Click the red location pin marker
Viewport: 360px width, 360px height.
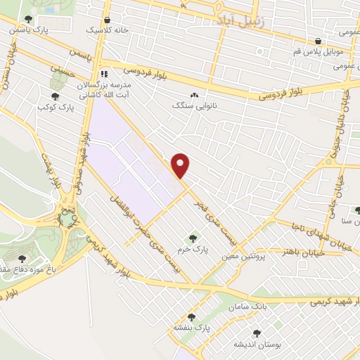[181, 165]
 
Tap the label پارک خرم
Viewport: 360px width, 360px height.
[194, 249]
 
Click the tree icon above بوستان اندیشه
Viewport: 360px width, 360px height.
[256, 333]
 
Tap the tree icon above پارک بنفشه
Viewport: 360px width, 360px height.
[191, 317]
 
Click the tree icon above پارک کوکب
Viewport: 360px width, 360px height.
[54, 96]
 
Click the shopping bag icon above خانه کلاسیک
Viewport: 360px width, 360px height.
[106, 20]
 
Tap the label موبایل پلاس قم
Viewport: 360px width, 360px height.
[318, 51]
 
